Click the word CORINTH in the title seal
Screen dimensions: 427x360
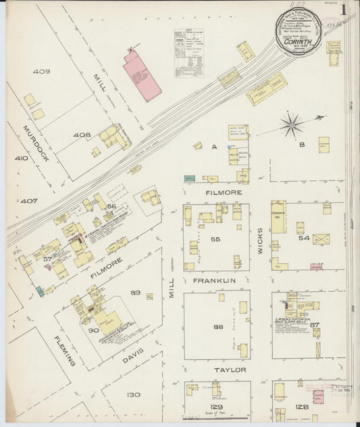298,41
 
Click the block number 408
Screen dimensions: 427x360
82,135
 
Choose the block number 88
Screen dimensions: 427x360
217,327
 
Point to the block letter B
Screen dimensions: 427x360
303,145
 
